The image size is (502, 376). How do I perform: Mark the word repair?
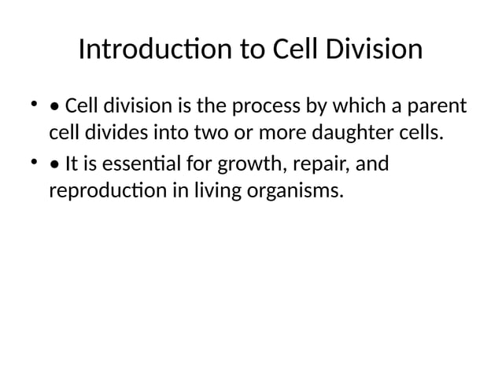(316, 164)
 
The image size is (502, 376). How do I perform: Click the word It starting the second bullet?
(72, 164)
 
